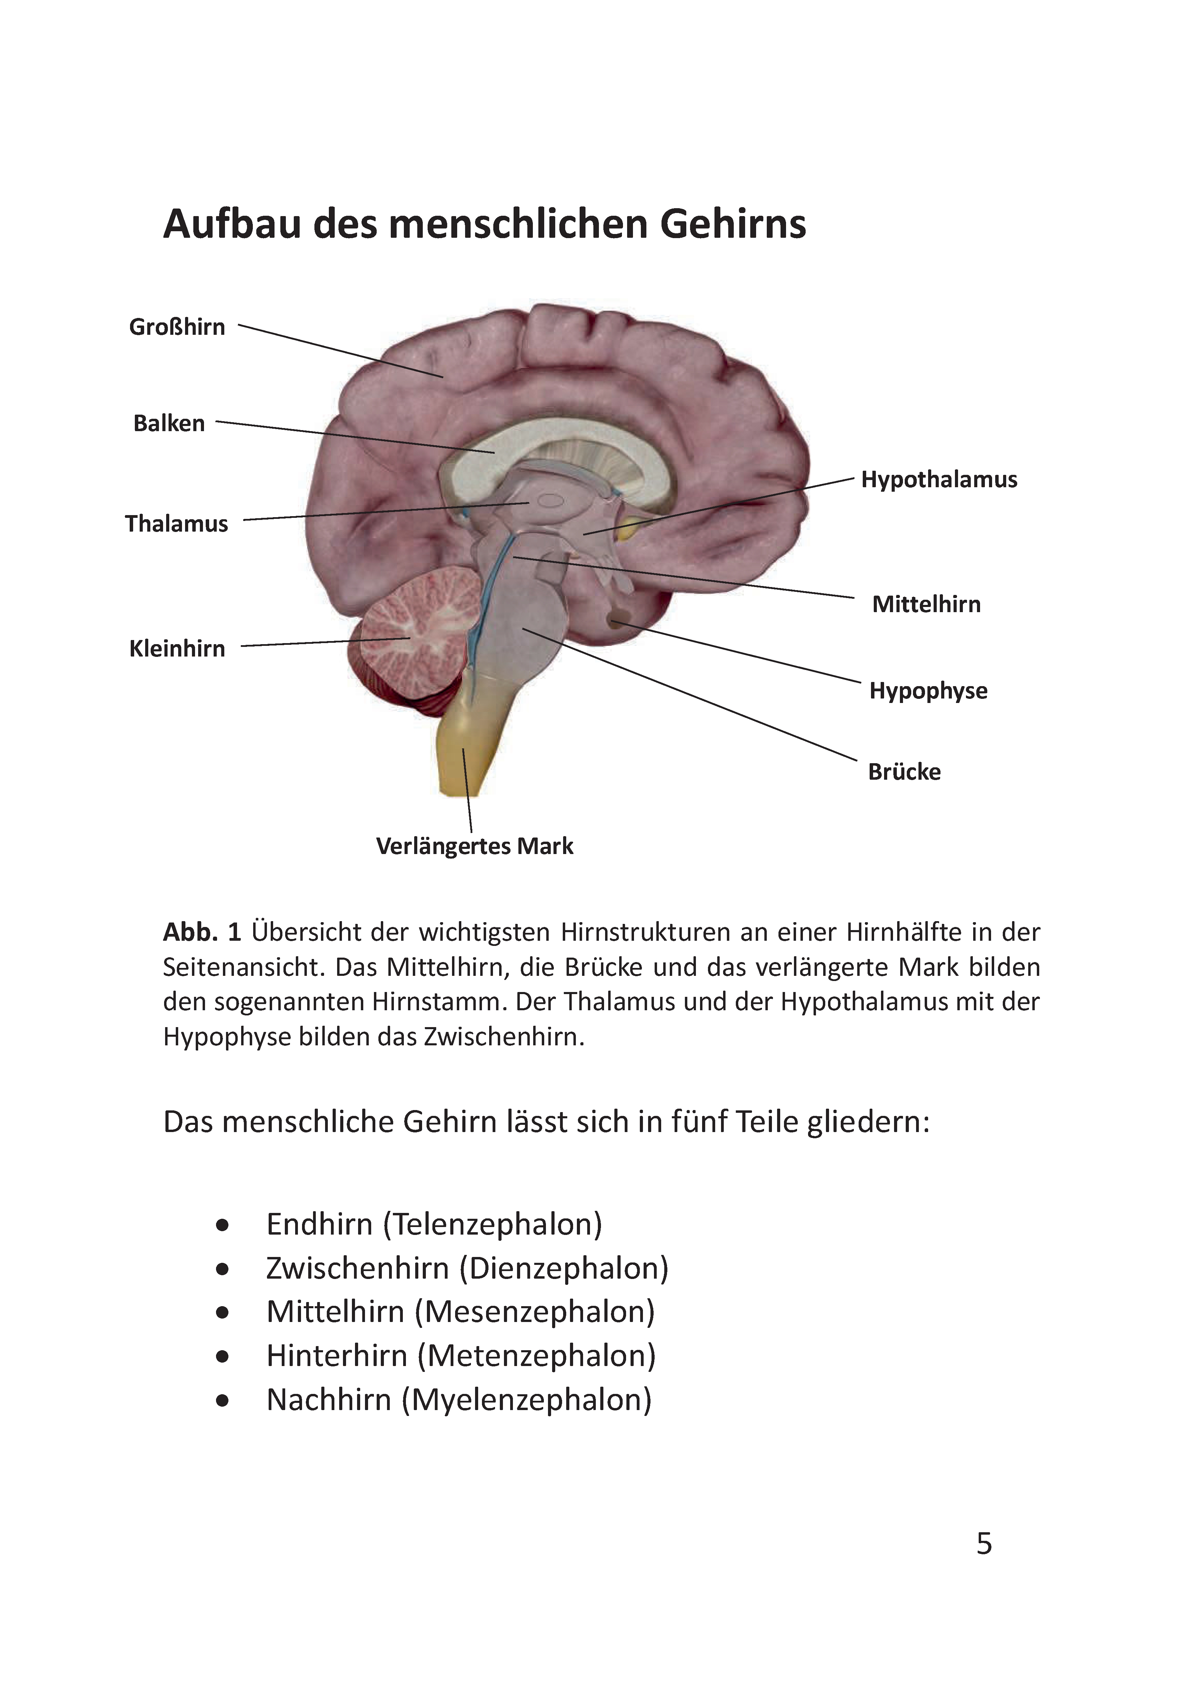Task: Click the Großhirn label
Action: pyautogui.click(x=177, y=327)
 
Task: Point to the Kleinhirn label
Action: pyautogui.click(x=177, y=649)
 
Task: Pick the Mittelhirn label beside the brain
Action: pyautogui.click(x=926, y=604)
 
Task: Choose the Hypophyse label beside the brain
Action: pyautogui.click(x=928, y=691)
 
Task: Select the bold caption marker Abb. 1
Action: pyautogui.click(x=202, y=932)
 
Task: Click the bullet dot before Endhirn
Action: pyautogui.click(x=222, y=1225)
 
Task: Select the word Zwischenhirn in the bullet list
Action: pyautogui.click(x=357, y=1268)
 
